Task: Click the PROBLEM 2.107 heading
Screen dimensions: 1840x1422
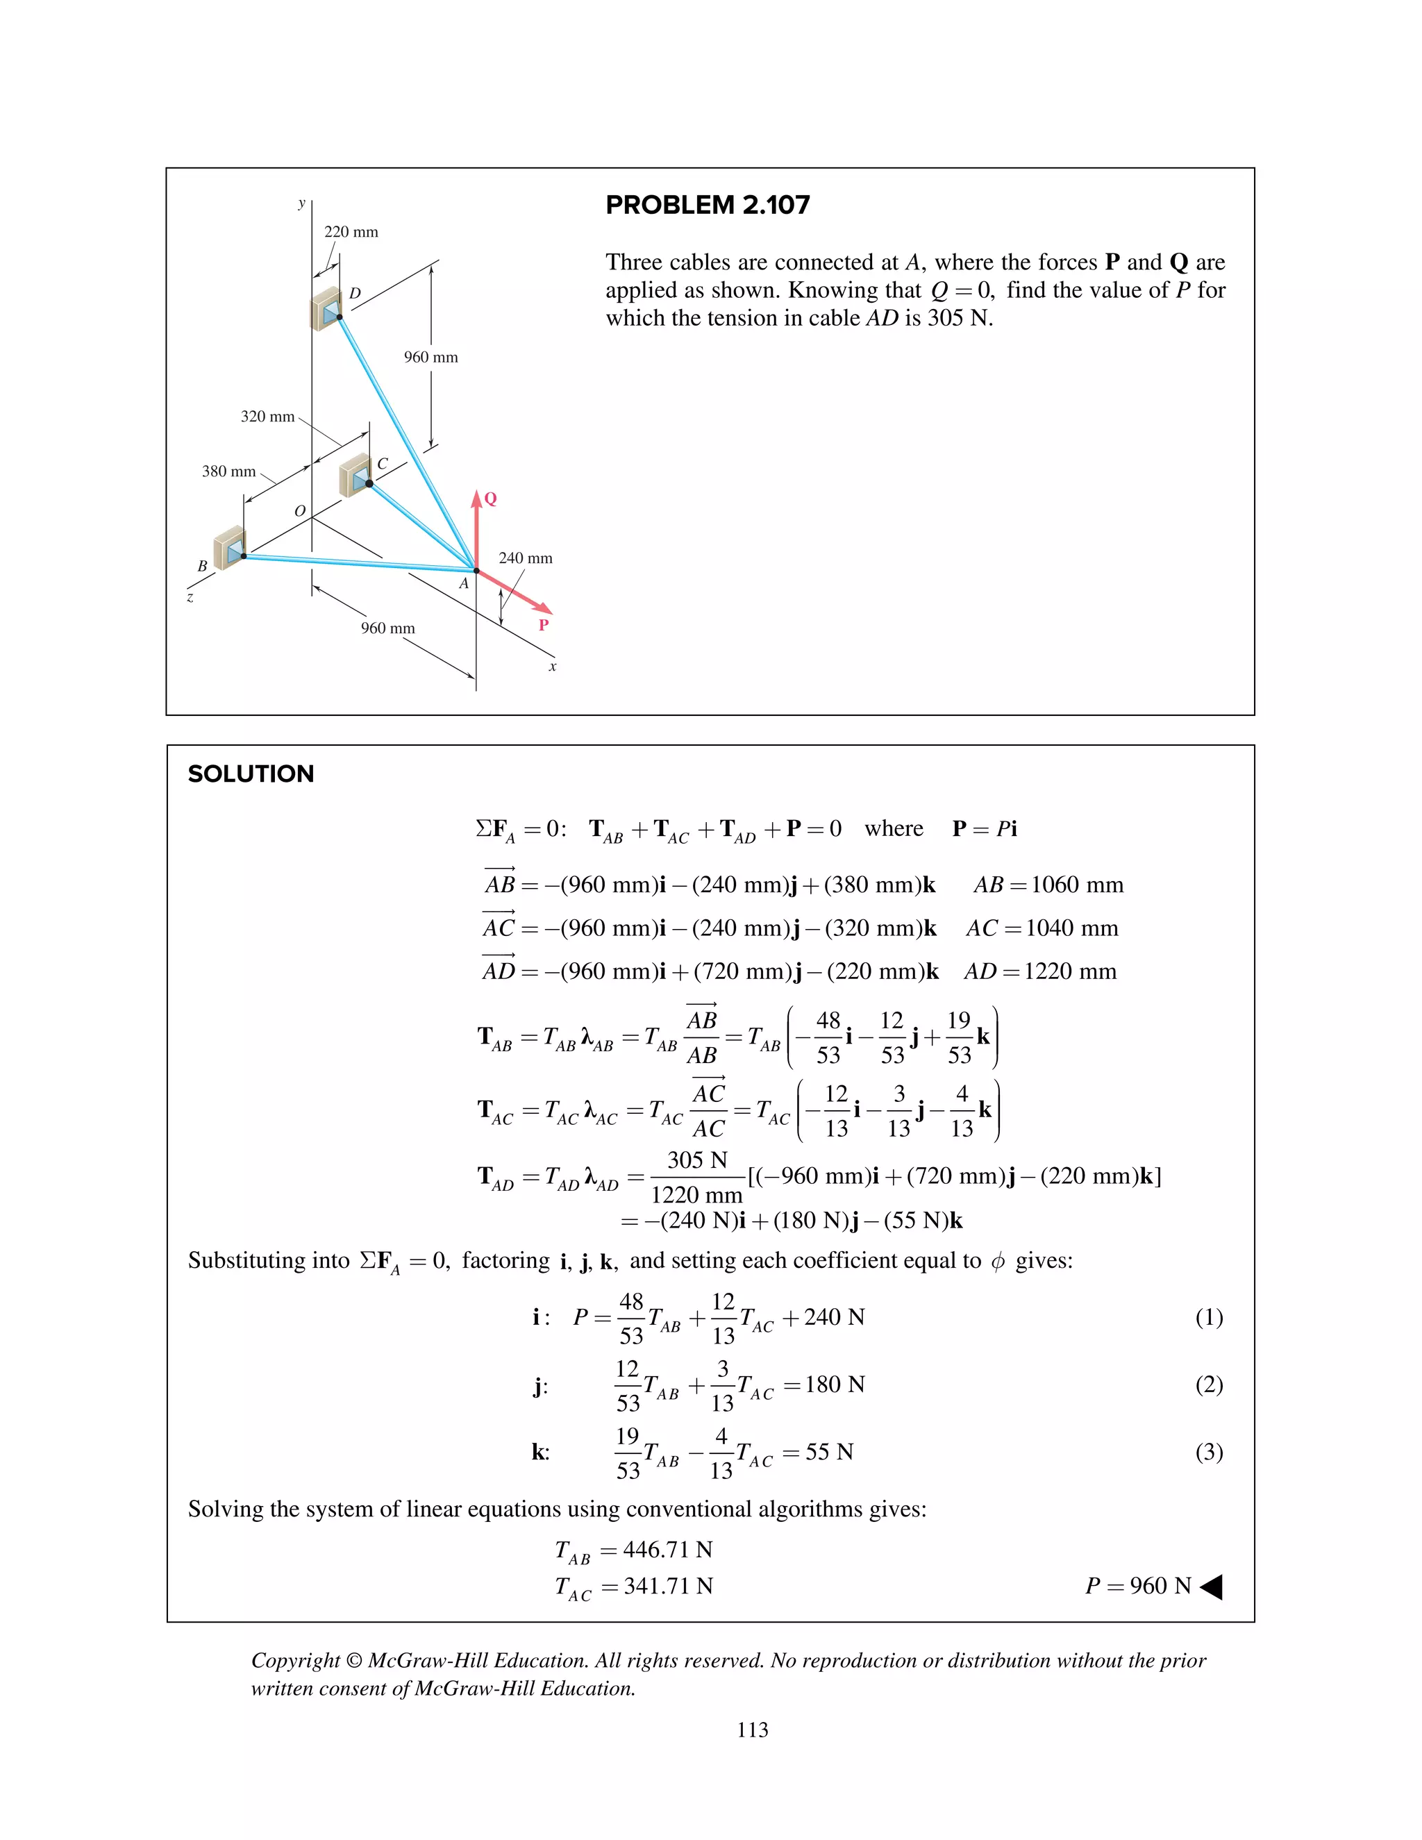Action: (x=707, y=205)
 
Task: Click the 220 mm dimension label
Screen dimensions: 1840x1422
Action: (x=351, y=232)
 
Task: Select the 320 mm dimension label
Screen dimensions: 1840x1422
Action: (x=267, y=416)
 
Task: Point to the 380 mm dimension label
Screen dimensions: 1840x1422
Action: (x=228, y=471)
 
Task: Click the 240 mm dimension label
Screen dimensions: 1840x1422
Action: (x=525, y=558)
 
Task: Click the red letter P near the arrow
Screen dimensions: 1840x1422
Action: (x=544, y=624)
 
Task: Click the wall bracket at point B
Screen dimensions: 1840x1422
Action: (x=229, y=549)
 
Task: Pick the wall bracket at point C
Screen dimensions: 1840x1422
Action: (x=355, y=476)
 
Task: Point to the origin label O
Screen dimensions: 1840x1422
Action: (x=299, y=510)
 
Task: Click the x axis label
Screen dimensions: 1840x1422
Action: (x=553, y=667)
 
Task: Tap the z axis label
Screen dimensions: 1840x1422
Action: (x=190, y=597)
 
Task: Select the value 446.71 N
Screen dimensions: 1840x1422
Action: (x=667, y=1548)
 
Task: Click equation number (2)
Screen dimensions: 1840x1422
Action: (x=1208, y=1385)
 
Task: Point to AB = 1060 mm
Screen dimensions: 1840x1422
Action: (x=1048, y=885)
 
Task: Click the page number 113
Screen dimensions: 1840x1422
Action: (x=752, y=1730)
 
